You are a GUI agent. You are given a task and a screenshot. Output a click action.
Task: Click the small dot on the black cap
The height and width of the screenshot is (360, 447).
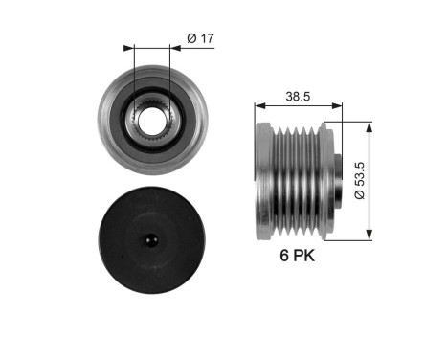click(x=152, y=240)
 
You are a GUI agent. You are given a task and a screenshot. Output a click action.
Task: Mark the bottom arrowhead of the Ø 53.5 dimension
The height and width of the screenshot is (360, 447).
click(x=369, y=236)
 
